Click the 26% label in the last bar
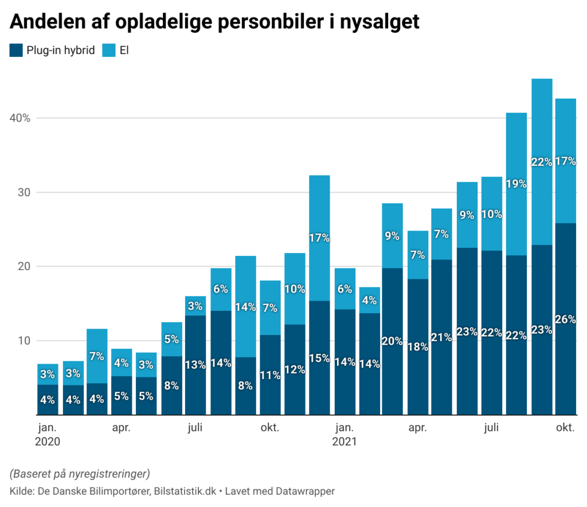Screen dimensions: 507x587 coord(565,319)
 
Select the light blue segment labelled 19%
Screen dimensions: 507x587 coord(516,184)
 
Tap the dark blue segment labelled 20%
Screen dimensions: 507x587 coord(392,341)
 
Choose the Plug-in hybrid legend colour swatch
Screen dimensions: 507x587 coord(16,50)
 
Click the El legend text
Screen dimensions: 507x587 coord(124,50)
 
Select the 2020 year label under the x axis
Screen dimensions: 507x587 coord(48,442)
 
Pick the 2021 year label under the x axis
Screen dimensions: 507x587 coord(344,442)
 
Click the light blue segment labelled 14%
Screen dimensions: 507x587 coord(245,306)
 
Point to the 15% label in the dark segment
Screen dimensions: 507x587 coord(319,358)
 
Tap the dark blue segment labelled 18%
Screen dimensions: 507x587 coord(417,346)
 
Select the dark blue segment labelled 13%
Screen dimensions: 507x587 coord(195,365)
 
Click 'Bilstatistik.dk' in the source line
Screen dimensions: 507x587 coord(187,491)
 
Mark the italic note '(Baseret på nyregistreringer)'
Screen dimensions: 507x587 coord(80,474)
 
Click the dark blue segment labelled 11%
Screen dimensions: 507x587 coord(270,375)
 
